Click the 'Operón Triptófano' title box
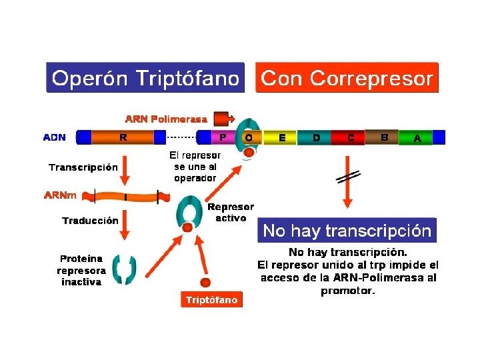coord(145,78)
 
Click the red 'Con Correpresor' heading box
coord(347,78)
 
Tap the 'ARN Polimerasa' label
coord(166,119)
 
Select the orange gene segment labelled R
coord(123,138)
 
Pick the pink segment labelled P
coord(222,138)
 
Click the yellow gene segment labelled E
coord(283,138)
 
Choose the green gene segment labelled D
coord(316,138)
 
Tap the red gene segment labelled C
coord(351,138)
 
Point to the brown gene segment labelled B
coord(384,137)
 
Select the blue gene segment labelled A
coord(417,138)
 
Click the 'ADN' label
coord(55,138)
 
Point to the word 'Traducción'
coord(90,220)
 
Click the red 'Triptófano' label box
coord(211,300)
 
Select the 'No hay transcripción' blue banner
coord(347,231)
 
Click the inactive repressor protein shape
coord(124,269)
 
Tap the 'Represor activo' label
coord(231,213)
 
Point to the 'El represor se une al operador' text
coord(195,166)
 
